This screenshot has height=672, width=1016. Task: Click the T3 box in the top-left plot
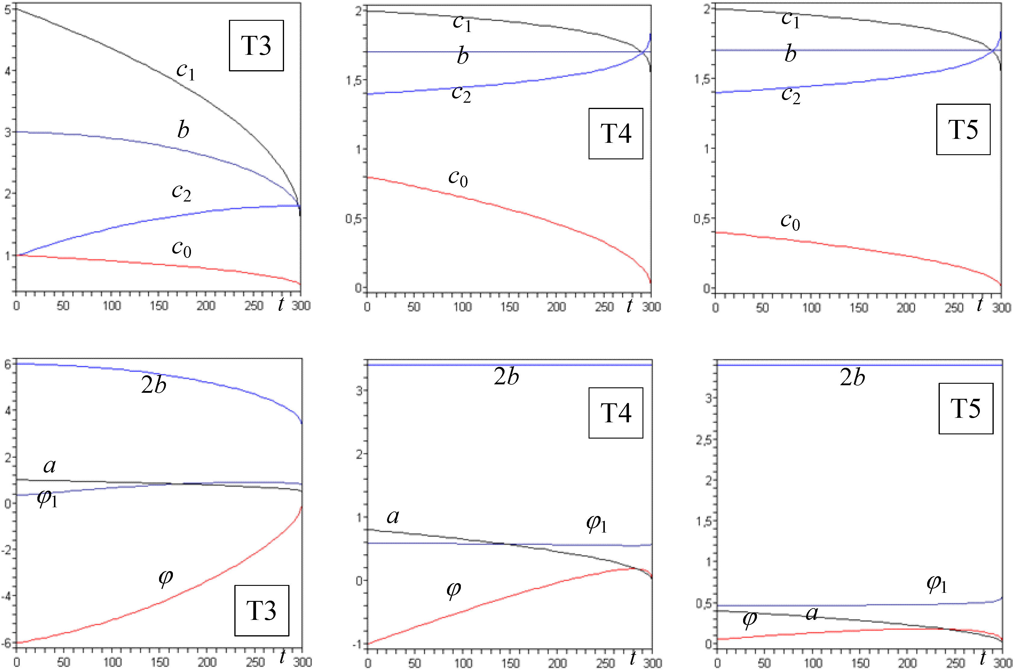(x=256, y=45)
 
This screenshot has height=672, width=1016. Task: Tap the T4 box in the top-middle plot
(x=615, y=133)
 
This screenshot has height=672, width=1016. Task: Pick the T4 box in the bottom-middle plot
(x=615, y=413)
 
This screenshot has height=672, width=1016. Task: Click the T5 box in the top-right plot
(x=963, y=129)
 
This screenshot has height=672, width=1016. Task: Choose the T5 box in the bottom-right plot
(x=965, y=408)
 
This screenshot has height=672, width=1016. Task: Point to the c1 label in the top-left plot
(x=186, y=71)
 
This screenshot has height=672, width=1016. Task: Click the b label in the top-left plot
(x=183, y=130)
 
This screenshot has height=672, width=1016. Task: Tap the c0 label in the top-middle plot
(x=458, y=177)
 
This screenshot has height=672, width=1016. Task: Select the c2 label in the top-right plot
(x=790, y=94)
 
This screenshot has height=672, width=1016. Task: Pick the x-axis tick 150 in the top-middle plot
(x=509, y=307)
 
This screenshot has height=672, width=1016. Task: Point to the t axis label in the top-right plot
(x=980, y=305)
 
